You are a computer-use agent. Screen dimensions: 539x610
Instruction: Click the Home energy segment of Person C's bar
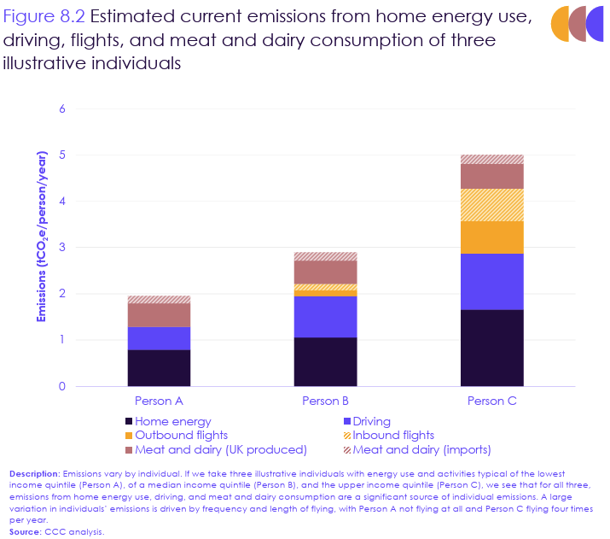point(492,348)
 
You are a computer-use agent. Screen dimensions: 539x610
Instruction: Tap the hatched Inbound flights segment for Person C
point(492,205)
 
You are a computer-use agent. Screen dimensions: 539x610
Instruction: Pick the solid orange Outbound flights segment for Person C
point(492,237)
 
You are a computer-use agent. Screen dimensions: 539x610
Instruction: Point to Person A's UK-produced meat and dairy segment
point(159,314)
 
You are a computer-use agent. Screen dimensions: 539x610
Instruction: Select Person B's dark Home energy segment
point(325,361)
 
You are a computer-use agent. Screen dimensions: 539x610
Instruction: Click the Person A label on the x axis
point(159,400)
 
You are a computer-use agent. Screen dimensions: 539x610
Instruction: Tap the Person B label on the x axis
point(325,400)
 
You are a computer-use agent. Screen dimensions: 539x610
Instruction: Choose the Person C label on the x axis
point(492,400)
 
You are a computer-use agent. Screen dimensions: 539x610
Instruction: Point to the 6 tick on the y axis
point(62,109)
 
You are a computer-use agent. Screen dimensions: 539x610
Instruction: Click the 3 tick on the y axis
point(62,248)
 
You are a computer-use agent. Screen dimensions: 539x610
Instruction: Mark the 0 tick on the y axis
point(62,386)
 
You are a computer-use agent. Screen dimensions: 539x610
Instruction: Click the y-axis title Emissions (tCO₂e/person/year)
point(40,236)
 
